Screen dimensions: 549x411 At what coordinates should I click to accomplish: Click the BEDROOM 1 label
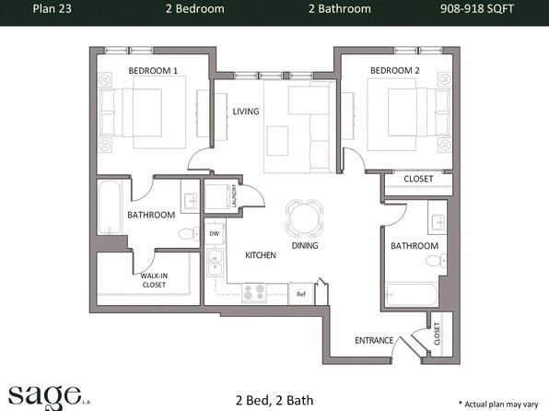[x=153, y=71]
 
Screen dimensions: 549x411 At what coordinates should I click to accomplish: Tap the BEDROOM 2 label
[x=394, y=70]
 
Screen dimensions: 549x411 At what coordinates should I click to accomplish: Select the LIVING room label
[x=246, y=112]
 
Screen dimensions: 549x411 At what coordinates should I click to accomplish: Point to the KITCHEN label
[x=261, y=255]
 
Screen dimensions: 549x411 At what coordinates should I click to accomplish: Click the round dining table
[x=305, y=218]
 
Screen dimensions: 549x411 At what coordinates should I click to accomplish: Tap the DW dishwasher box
[x=215, y=233]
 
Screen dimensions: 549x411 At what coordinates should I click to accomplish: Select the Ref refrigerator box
[x=301, y=294]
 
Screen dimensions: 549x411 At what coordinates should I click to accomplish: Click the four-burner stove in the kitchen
[x=254, y=292]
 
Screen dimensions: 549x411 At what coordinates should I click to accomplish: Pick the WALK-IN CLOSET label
[x=154, y=280]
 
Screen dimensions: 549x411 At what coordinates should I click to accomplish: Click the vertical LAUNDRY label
[x=234, y=196]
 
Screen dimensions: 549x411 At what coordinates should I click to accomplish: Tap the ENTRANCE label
[x=374, y=340]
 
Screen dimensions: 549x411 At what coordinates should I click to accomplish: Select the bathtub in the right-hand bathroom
[x=412, y=295]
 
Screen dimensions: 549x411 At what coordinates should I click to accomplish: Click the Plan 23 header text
[x=53, y=9]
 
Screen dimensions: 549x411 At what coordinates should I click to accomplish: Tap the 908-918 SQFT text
[x=477, y=9]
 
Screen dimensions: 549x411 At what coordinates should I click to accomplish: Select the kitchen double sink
[x=215, y=263]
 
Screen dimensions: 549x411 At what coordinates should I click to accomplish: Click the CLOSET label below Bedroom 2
[x=418, y=179]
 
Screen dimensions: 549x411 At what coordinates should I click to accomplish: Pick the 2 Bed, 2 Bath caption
[x=274, y=400]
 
